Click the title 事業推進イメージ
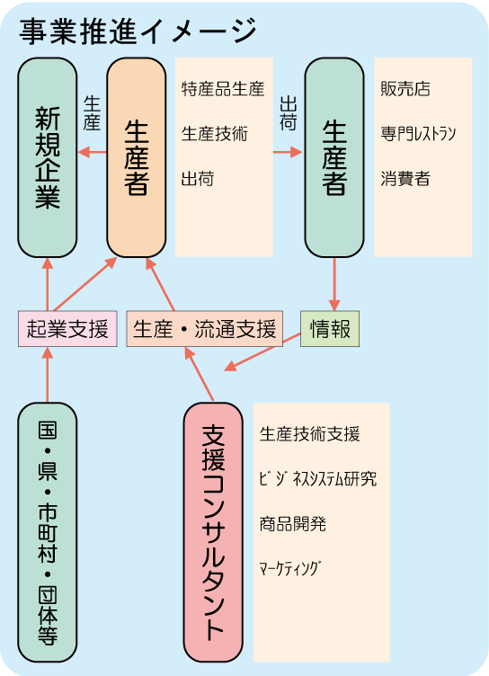[x=138, y=31]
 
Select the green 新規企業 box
[x=48, y=157]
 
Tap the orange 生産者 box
[x=137, y=157]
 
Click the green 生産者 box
[x=334, y=157]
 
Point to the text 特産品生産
[x=223, y=89]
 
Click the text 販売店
[x=405, y=89]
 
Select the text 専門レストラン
[x=418, y=134]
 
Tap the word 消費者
[x=405, y=179]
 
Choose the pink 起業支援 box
[x=67, y=328]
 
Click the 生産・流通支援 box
[x=204, y=328]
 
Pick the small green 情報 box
[x=330, y=328]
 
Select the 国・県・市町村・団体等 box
[x=48, y=532]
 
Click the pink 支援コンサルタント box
[x=213, y=532]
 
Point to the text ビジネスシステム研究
[x=318, y=479]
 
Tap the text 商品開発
[x=293, y=524]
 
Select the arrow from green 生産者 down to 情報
[x=334, y=285]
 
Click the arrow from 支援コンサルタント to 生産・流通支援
[x=200, y=374]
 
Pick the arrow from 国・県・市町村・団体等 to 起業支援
[x=48, y=375]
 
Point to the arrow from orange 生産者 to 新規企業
[x=93, y=152]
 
